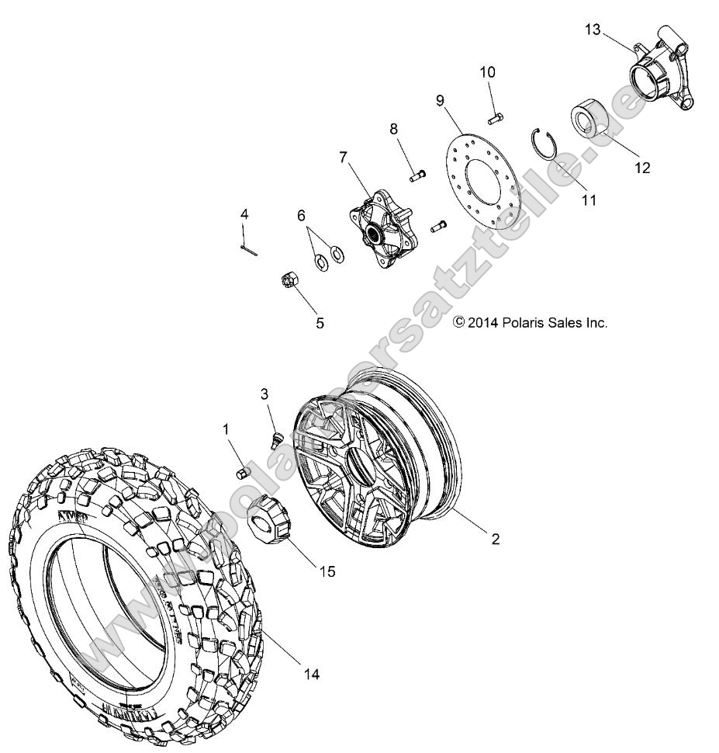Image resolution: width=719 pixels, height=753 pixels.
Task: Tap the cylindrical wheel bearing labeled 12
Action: pos(592,123)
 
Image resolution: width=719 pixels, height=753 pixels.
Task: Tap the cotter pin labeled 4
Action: pos(249,248)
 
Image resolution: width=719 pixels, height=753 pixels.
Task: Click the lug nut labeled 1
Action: pos(241,472)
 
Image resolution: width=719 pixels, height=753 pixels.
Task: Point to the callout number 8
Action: pos(393,128)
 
